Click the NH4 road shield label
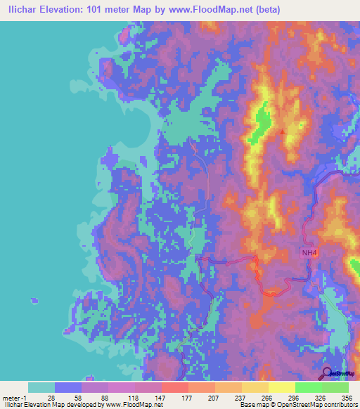(309, 253)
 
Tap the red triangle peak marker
(283, 131)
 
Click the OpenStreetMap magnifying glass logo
(327, 373)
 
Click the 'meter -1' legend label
(13, 397)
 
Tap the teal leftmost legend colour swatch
(41, 387)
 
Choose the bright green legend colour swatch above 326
(308, 387)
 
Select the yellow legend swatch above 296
(281, 387)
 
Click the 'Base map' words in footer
(253, 405)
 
